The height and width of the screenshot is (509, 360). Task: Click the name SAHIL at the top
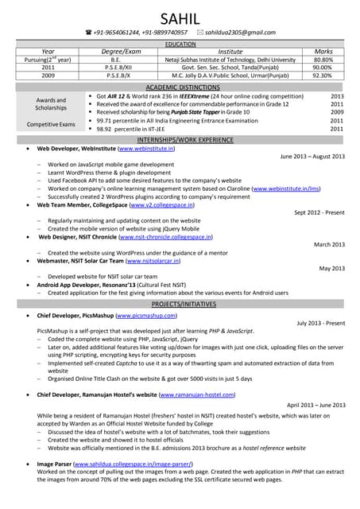[x=180, y=18]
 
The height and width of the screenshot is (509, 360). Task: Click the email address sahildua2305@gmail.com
[x=238, y=33]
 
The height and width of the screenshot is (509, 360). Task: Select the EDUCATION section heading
[x=180, y=44]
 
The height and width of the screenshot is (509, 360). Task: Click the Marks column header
[x=323, y=51]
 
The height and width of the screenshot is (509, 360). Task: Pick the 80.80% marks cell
[x=323, y=60]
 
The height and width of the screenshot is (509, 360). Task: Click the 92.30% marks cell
[x=323, y=76]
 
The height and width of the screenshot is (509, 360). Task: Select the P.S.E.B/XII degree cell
[x=115, y=68]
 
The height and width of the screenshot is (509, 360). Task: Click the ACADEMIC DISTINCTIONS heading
[x=180, y=87]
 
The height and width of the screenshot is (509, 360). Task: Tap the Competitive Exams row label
[x=50, y=124]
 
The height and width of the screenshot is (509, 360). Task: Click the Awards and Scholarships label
[x=50, y=103]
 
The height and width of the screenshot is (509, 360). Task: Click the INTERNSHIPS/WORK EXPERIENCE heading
[x=180, y=140]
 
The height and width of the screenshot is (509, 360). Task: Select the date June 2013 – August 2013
[x=312, y=157]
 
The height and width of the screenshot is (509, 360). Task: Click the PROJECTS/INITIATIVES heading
[x=180, y=305]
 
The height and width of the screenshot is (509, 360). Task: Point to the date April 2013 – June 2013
[x=315, y=404]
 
